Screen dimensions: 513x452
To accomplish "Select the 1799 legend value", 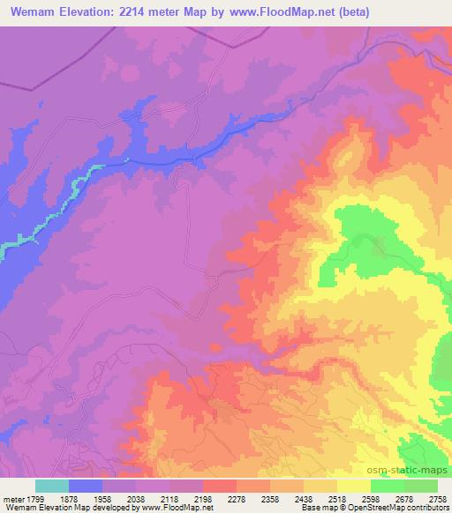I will (x=35, y=496).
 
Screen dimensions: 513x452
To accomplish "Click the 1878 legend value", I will (x=69, y=496).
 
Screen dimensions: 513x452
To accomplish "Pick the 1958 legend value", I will (x=102, y=496).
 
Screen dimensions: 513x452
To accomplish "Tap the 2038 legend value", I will (x=136, y=496).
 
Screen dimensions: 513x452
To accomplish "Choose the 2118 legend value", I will (x=169, y=496).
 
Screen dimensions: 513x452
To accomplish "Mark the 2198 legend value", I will (x=203, y=496).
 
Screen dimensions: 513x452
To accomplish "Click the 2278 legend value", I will (x=237, y=496).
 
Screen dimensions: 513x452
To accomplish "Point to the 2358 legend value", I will (x=270, y=496).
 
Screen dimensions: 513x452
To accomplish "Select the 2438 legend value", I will (x=304, y=496).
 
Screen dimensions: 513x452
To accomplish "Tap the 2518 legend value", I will (x=337, y=496).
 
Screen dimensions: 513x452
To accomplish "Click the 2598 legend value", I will (x=371, y=496).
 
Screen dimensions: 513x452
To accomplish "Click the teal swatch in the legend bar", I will (x=52, y=486).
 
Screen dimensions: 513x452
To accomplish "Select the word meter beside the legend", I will (x=11, y=496).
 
